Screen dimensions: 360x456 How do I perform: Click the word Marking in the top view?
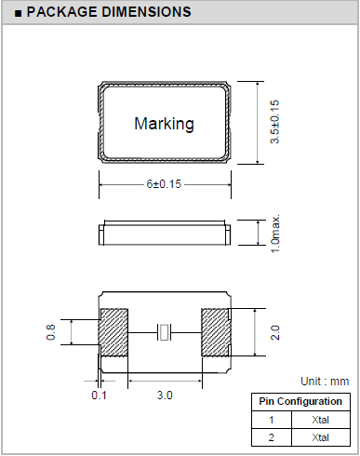point(164,124)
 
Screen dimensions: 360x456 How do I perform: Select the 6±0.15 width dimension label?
point(164,184)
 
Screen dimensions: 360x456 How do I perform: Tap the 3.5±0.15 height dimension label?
point(274,122)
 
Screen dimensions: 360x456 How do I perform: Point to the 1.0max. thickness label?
point(275,234)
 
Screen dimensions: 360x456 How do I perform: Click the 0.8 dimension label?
point(51,332)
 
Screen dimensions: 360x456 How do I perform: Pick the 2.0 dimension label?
point(275,332)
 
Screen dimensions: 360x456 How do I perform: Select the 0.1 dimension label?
point(100,396)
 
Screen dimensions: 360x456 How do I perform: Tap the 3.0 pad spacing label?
point(165,396)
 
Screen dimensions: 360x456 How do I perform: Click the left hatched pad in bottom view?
point(113,332)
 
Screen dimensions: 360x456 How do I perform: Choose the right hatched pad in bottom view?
point(216,332)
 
